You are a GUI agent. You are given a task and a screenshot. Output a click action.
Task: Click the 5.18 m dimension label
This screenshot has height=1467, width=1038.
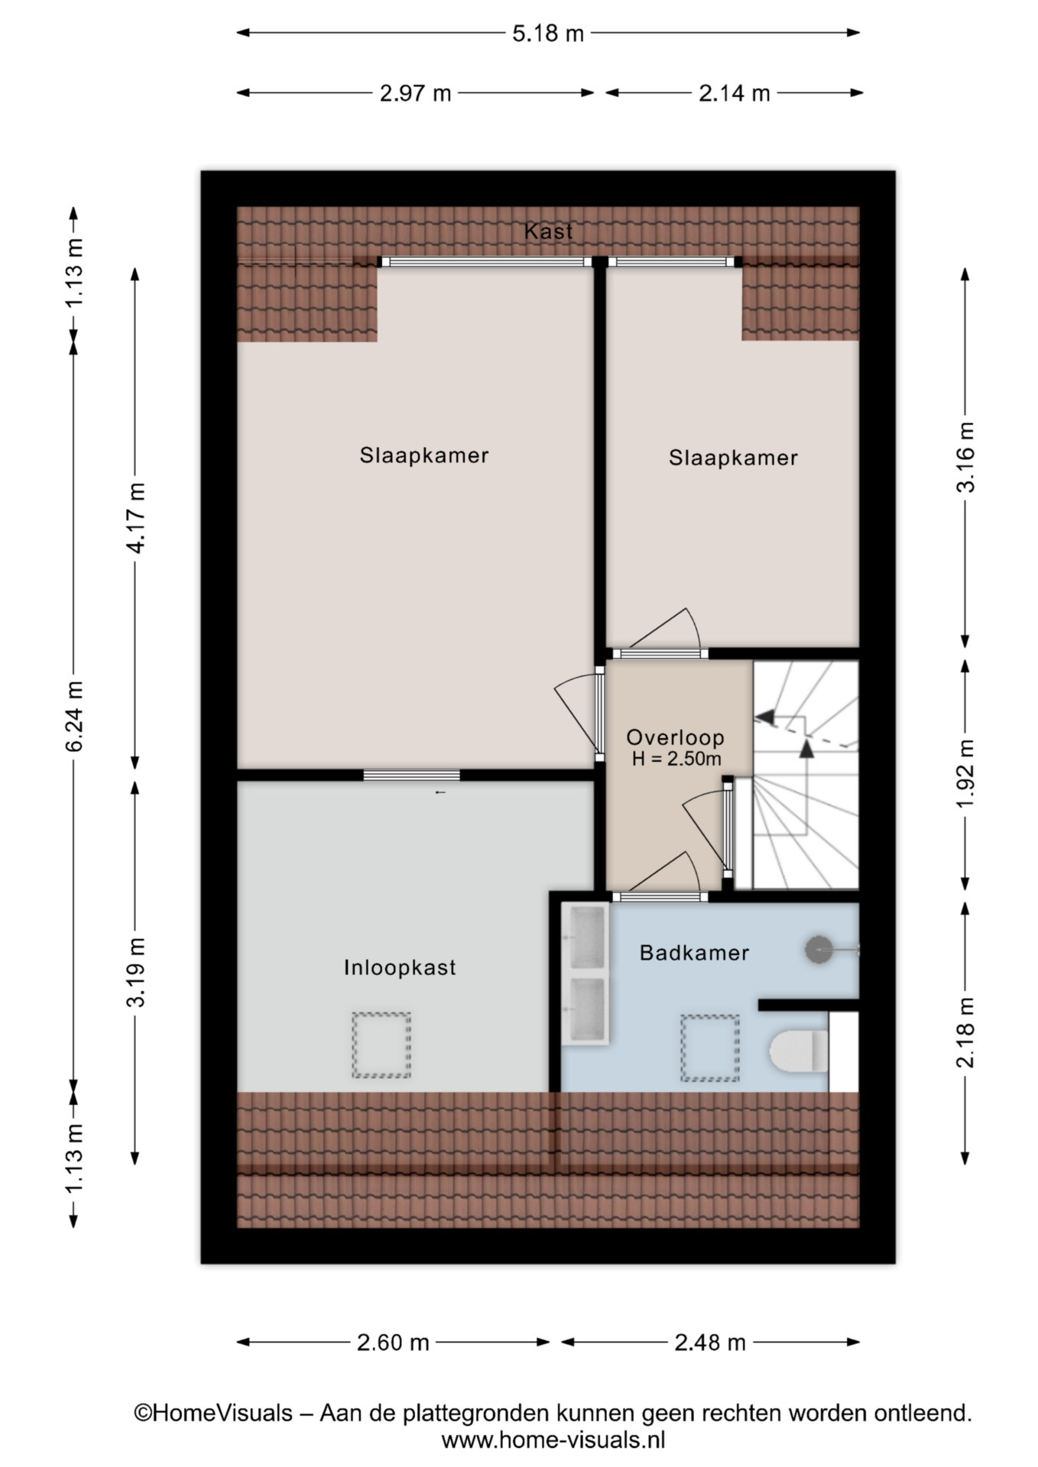click(x=548, y=33)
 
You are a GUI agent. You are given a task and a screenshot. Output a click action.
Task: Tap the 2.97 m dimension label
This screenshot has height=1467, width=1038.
click(x=416, y=93)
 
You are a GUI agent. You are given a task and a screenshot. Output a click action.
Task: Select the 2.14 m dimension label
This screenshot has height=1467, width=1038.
click(x=735, y=93)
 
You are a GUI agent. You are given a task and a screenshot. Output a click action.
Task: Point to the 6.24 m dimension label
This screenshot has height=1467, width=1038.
click(x=74, y=716)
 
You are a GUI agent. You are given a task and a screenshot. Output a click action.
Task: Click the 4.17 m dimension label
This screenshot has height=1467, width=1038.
click(x=136, y=518)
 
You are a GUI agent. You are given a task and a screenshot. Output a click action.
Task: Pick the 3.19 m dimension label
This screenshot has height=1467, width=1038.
click(x=136, y=973)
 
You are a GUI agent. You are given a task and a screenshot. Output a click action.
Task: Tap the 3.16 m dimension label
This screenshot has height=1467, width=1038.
click(x=966, y=457)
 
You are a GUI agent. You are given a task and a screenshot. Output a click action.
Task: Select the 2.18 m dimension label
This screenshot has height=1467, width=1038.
click(x=966, y=1033)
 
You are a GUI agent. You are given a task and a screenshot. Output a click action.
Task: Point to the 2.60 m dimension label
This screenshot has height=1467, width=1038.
click(x=393, y=1342)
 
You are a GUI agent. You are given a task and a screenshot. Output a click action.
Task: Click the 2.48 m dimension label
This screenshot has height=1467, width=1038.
click(x=710, y=1342)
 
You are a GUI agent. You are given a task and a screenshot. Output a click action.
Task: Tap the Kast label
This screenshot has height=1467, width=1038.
click(x=548, y=231)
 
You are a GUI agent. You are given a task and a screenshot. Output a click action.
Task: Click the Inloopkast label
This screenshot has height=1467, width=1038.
click(x=400, y=967)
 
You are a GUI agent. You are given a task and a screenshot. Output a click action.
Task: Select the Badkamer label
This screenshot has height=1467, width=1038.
click(x=694, y=953)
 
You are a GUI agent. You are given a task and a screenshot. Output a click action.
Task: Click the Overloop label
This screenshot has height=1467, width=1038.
click(x=675, y=737)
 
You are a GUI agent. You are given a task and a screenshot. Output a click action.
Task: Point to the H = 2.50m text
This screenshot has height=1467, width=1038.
click(x=676, y=759)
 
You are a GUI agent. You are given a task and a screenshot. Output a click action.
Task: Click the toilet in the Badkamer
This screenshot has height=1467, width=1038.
click(x=799, y=1051)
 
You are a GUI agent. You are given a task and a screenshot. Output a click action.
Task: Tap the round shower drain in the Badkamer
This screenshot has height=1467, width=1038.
click(x=819, y=950)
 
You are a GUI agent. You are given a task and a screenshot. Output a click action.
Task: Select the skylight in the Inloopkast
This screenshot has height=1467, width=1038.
click(x=381, y=1044)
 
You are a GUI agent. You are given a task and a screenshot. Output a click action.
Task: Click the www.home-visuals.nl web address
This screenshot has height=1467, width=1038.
click(x=553, y=1440)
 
